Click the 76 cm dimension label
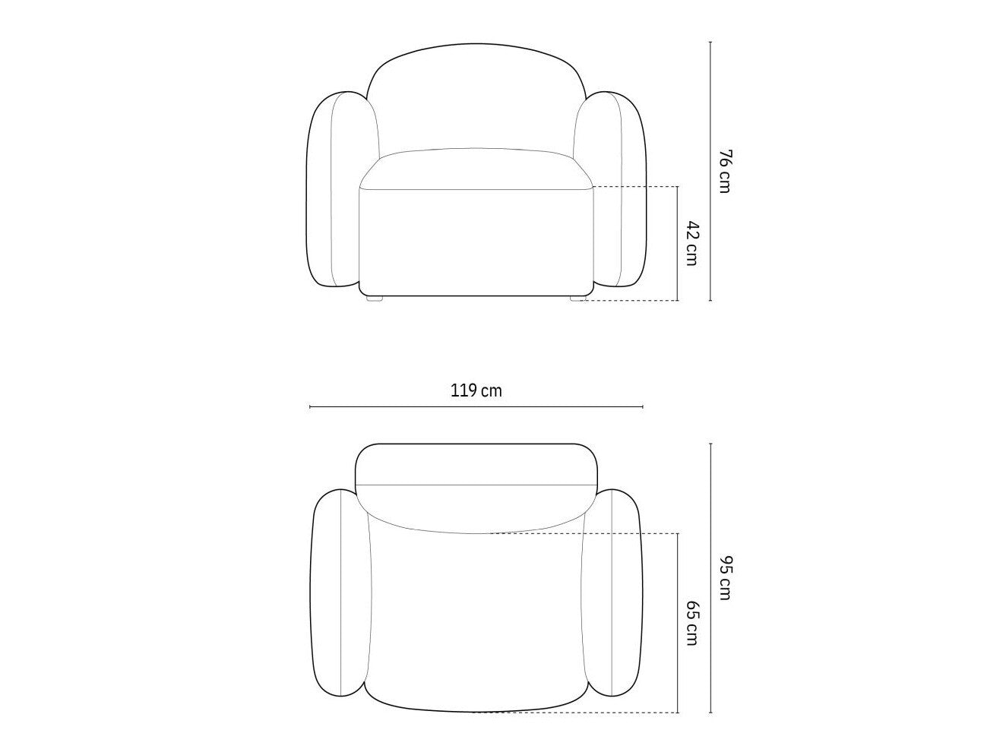point(725,171)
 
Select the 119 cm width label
point(476,391)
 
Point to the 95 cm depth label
point(725,577)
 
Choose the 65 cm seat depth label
point(692,623)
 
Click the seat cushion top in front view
point(476,168)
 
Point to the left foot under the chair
point(375,299)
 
